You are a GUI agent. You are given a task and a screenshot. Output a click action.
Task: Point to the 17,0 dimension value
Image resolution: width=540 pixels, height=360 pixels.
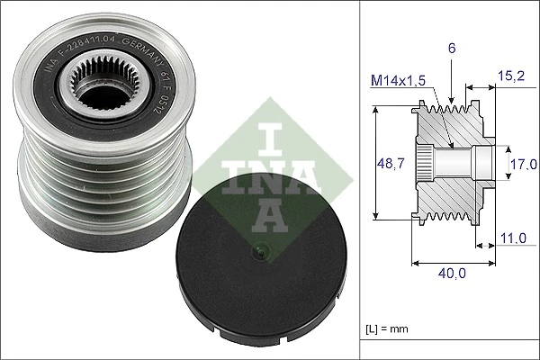(x=524, y=164)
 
